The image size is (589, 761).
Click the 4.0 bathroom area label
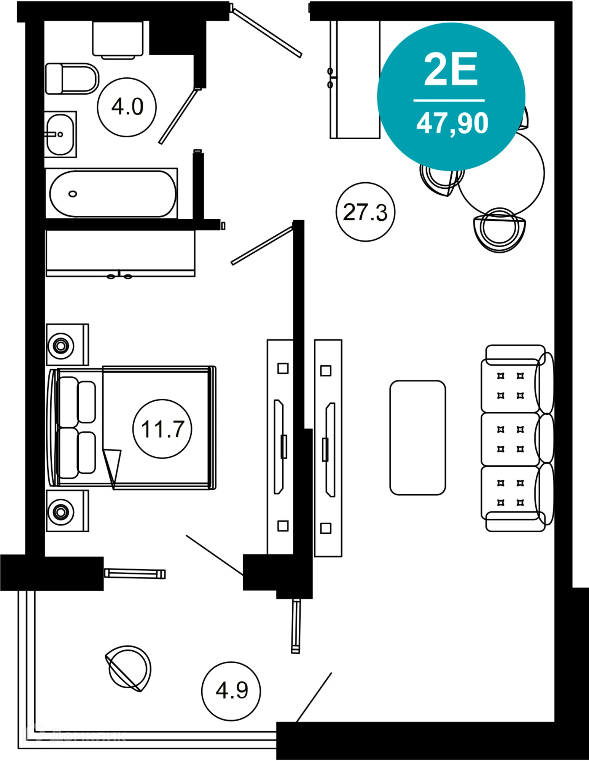(127, 107)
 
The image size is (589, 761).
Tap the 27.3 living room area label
(365, 212)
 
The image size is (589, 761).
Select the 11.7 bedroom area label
(162, 429)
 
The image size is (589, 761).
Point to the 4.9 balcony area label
(231, 690)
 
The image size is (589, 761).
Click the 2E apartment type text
(451, 70)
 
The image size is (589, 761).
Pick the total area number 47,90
(452, 123)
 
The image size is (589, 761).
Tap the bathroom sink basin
(60, 134)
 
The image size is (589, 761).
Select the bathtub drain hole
(73, 194)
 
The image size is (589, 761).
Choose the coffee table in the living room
(417, 438)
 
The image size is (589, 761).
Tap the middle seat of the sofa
(510, 439)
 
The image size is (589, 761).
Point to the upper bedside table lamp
(61, 346)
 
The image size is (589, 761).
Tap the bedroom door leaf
(262, 246)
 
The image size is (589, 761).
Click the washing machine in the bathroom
(118, 39)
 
